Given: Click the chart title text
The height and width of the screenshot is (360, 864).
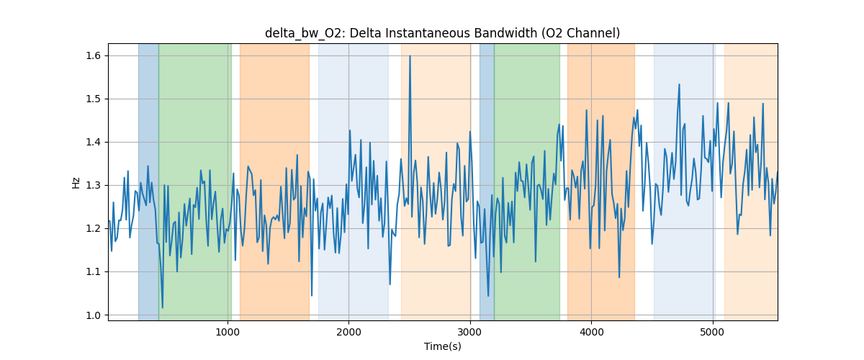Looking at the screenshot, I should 442,33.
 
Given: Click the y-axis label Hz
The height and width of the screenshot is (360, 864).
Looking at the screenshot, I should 76,182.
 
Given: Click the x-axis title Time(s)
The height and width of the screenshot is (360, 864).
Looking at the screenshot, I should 442,346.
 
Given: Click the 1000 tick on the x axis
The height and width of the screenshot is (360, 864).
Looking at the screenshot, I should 228,331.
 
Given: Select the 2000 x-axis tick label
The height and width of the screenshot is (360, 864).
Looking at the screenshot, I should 348,331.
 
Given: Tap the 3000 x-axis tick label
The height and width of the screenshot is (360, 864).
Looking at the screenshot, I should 469,331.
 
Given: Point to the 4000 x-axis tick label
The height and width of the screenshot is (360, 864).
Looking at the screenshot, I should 591,331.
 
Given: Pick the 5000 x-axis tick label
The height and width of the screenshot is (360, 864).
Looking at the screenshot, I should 712,331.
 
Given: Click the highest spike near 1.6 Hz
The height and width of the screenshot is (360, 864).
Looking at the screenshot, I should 410,56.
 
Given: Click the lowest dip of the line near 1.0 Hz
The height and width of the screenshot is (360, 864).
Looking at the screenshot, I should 162,307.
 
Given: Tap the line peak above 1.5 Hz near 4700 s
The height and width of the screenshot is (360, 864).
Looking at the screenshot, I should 679,85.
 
